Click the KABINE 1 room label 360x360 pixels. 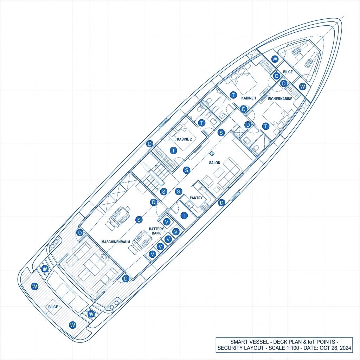[x=249, y=98]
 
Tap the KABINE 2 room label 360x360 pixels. [x=185, y=139]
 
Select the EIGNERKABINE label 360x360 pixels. [x=280, y=99]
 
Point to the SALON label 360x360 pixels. [x=214, y=163]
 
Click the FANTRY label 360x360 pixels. [x=196, y=198]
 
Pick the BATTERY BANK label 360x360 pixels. [x=156, y=231]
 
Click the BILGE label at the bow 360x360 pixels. [x=288, y=72]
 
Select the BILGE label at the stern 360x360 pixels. [x=53, y=307]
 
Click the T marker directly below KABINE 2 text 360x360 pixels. [x=173, y=150]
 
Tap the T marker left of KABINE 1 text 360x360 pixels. [x=233, y=95]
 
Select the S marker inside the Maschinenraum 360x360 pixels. [x=139, y=220]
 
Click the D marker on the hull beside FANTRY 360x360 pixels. [x=221, y=202]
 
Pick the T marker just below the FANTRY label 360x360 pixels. [x=184, y=216]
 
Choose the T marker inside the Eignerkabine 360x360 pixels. [x=266, y=126]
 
